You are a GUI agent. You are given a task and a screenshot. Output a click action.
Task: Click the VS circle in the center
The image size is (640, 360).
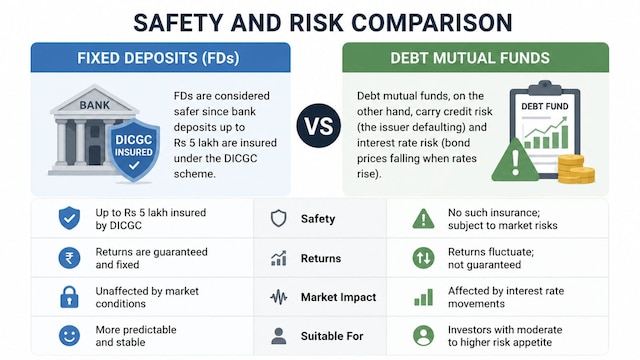(x=318, y=125)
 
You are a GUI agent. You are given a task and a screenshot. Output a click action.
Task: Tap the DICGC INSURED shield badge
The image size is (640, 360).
(x=133, y=150)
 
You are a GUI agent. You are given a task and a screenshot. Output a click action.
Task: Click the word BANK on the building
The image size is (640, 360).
(x=95, y=105)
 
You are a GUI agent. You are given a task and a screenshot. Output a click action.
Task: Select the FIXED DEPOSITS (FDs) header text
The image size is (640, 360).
(x=158, y=58)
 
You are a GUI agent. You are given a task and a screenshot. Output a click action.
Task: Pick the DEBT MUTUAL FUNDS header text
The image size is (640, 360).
(x=470, y=58)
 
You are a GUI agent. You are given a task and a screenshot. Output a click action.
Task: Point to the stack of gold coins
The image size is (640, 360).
(x=576, y=169)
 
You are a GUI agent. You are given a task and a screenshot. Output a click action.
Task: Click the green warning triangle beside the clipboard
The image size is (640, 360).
(x=515, y=160)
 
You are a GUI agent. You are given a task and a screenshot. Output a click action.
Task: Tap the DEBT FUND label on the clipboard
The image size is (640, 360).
(x=544, y=106)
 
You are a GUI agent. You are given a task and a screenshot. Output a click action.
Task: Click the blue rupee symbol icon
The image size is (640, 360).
(x=69, y=258)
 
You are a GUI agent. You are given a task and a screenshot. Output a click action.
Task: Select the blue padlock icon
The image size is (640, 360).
(x=69, y=297)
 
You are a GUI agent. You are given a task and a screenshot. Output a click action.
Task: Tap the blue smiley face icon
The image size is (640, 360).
(x=69, y=336)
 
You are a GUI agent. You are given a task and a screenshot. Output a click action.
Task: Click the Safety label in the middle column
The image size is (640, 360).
(x=318, y=219)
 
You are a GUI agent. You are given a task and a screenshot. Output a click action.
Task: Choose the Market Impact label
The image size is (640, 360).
(x=338, y=297)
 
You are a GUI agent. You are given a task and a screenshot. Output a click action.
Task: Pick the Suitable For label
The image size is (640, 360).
(x=332, y=336)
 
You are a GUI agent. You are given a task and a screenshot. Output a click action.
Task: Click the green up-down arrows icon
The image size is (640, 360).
(x=423, y=258)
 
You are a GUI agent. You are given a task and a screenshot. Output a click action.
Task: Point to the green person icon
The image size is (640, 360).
(x=423, y=336)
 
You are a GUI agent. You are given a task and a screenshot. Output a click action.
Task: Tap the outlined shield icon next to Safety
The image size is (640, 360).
(x=279, y=218)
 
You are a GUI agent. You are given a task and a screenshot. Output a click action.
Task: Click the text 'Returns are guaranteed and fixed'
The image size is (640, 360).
(x=151, y=258)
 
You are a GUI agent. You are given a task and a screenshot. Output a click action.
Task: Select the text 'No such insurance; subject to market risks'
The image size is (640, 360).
(x=502, y=219)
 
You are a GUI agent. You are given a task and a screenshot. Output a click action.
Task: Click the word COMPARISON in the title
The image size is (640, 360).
(x=432, y=22)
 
